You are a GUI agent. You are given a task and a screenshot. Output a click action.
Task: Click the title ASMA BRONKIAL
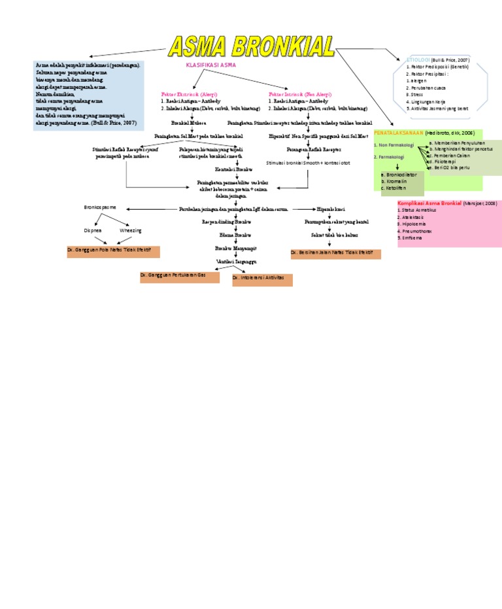251,47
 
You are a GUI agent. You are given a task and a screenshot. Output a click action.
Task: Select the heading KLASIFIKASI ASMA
211,66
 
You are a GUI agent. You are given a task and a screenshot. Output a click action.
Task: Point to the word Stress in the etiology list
414,95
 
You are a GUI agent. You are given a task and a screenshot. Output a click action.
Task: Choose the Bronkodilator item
401,175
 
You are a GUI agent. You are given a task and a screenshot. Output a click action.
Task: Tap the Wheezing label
130,231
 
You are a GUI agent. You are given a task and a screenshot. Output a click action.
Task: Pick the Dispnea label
92,231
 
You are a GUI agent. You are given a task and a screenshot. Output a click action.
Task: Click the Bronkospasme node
100,207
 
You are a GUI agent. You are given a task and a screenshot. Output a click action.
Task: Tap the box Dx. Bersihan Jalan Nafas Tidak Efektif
335,253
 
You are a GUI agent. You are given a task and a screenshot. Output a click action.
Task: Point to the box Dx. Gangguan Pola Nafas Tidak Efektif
113,251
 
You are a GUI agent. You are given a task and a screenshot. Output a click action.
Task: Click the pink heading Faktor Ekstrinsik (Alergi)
190,94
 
